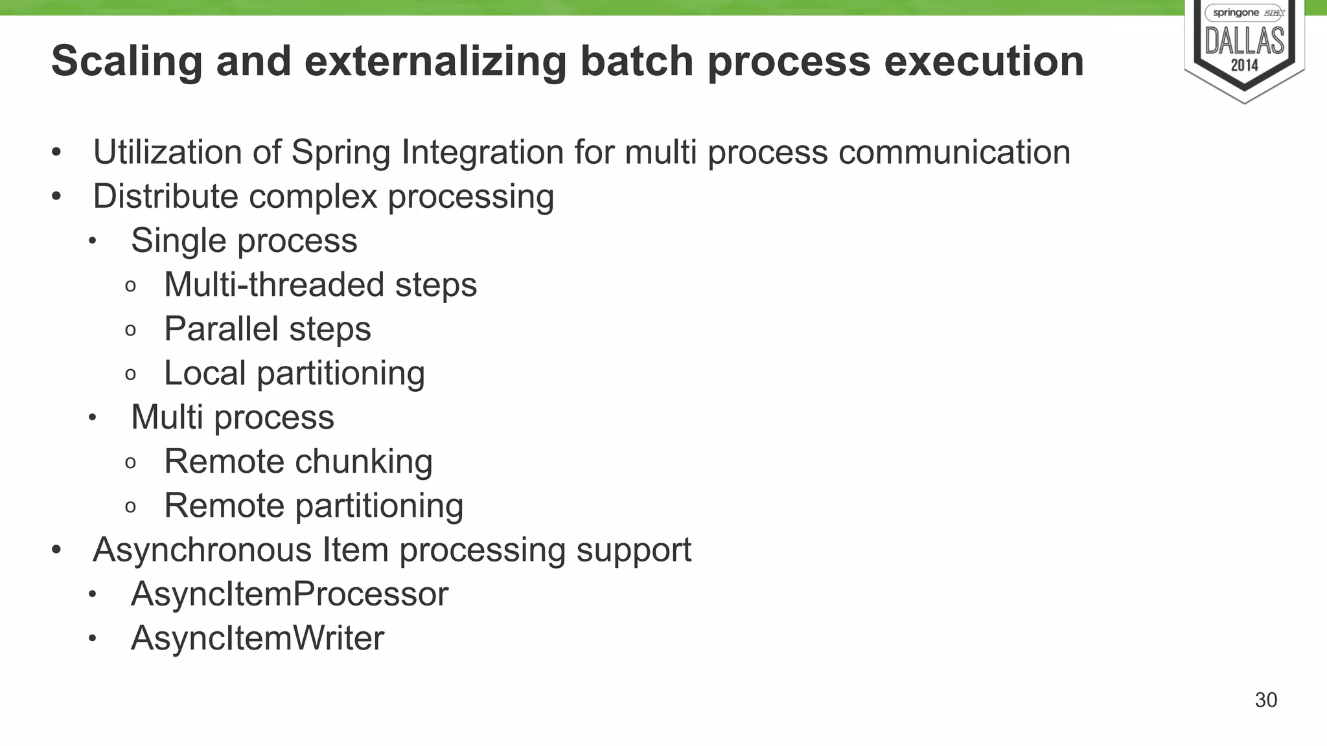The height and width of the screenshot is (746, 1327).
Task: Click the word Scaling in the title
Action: click(126, 62)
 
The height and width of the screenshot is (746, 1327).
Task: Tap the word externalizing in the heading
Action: click(435, 62)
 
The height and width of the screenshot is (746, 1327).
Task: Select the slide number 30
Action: click(1265, 700)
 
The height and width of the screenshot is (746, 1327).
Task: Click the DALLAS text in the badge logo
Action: click(1244, 42)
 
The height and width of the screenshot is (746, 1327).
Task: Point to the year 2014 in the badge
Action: click(1244, 65)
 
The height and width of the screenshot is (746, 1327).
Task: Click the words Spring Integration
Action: click(427, 153)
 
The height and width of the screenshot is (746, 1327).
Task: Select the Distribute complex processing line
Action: click(323, 196)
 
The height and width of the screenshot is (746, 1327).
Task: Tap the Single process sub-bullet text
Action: click(244, 241)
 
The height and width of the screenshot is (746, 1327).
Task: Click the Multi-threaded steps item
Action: click(320, 285)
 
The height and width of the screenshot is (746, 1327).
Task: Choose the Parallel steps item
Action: click(267, 329)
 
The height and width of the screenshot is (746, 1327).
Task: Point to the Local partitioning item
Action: click(294, 374)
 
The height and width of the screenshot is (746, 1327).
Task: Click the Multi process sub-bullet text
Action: click(232, 417)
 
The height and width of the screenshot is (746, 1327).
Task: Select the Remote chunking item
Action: click(298, 462)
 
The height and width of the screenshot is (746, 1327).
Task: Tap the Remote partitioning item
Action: click(314, 506)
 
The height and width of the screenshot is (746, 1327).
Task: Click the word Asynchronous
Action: click(202, 550)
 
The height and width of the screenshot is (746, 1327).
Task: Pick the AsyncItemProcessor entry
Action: click(289, 594)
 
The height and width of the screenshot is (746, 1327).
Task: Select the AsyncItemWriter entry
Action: click(257, 638)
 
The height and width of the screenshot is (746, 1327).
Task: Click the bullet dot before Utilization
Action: click(56, 153)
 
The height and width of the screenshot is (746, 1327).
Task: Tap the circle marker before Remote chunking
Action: click(130, 462)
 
